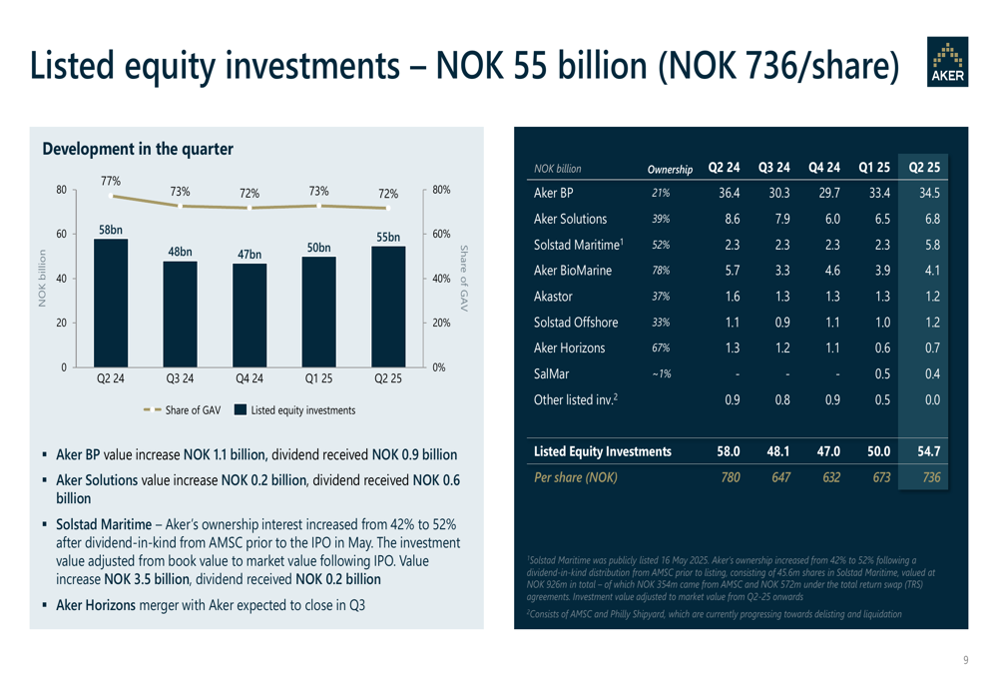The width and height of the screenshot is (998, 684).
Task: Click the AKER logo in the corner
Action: coord(947,62)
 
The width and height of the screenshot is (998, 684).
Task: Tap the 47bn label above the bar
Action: coord(249,255)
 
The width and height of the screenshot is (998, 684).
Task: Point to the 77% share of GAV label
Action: coord(110,181)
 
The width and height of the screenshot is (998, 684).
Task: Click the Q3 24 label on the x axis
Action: coord(180,380)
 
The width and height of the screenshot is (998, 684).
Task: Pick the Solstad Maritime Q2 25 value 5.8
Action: coord(931,245)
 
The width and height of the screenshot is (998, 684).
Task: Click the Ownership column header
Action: coord(670,169)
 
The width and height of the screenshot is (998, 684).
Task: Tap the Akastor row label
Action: coord(554,297)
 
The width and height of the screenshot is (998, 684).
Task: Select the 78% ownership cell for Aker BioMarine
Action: coord(660,271)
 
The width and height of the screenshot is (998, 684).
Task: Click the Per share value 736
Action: coord(930,477)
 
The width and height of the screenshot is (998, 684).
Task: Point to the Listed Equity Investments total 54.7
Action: coord(929,452)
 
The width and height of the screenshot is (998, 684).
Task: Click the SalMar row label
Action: coord(552,373)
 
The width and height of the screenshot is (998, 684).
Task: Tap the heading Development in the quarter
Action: coord(138,149)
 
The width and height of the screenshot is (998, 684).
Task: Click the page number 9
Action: coord(965,659)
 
